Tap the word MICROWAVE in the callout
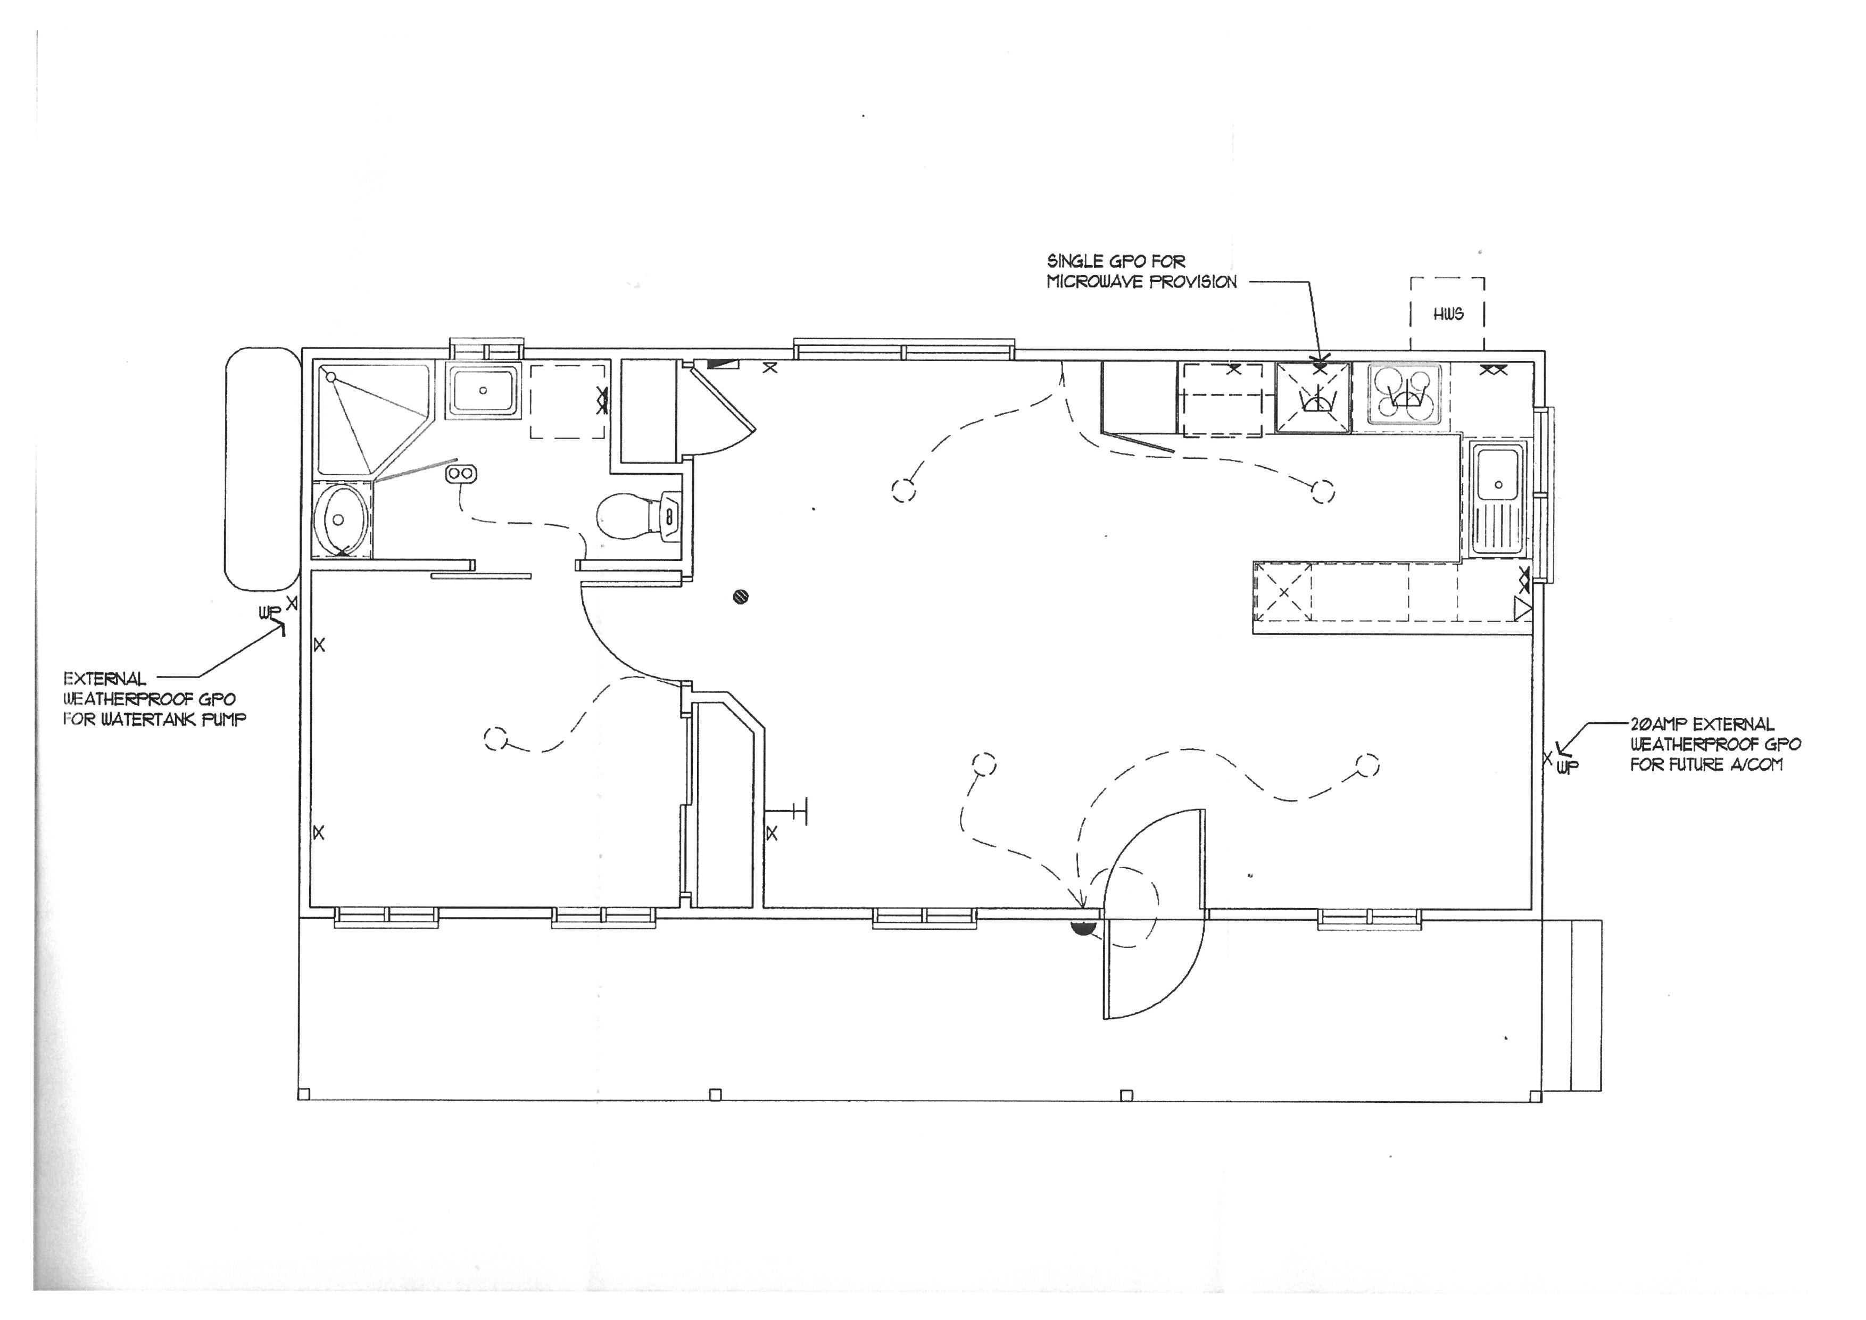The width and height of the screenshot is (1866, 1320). pos(1094,282)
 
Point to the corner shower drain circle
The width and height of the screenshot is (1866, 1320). pos(331,376)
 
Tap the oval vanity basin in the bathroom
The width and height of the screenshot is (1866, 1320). pos(342,518)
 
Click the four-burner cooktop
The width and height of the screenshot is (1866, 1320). pos(1404,394)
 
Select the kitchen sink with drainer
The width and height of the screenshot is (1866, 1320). pos(1496,501)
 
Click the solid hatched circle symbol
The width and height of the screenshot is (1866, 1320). pos(740,597)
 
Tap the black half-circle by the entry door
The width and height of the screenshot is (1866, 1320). pos(1083,928)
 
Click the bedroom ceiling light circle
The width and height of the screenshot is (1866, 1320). pos(494,738)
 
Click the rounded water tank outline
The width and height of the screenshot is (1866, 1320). pos(262,469)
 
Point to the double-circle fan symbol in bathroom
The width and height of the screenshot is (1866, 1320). pos(461,474)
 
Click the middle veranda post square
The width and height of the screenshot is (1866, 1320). pos(715,1095)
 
